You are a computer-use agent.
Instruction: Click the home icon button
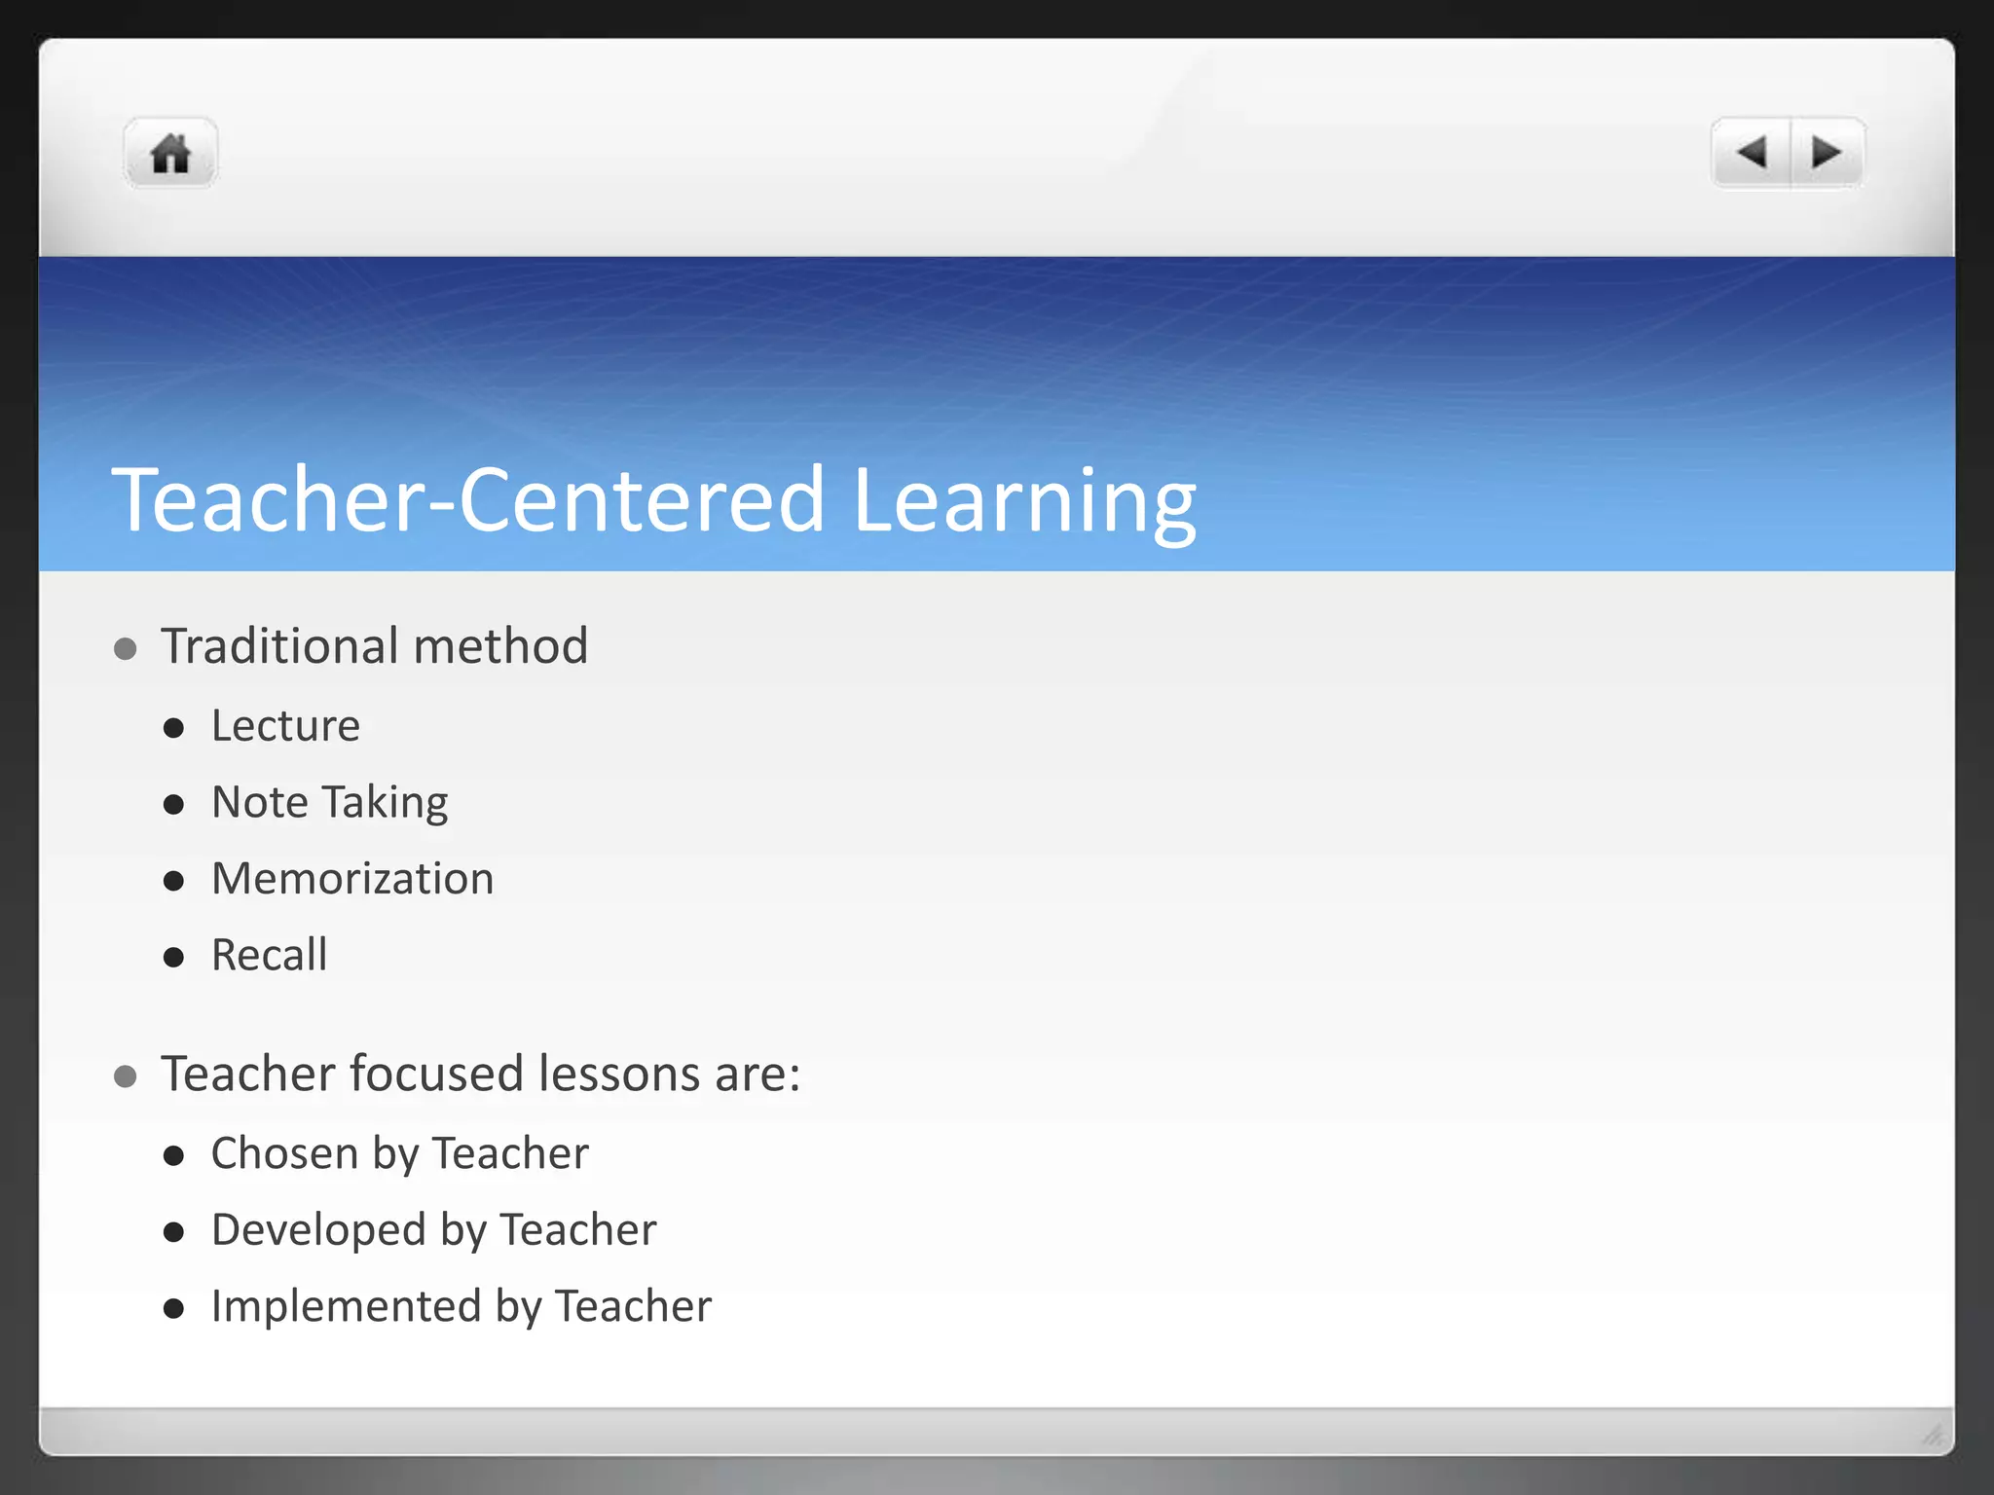[x=170, y=154]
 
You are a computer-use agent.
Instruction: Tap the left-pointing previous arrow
[x=1752, y=153]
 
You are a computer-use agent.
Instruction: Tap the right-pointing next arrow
[x=1826, y=153]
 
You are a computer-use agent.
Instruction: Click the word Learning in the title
[x=1023, y=501]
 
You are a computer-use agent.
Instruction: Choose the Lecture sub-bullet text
[x=285, y=726]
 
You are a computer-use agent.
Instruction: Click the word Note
[x=260, y=803]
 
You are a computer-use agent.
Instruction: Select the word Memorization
[x=352, y=879]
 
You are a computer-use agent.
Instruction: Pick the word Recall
[x=269, y=955]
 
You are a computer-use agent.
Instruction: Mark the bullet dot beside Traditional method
[x=125, y=649]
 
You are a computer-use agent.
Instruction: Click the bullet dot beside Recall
[x=174, y=958]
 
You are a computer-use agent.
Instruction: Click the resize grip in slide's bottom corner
[x=1933, y=1435]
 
